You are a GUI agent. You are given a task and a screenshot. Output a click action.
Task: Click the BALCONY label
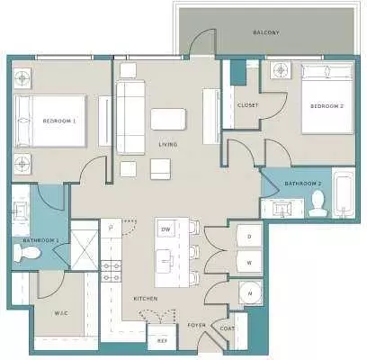(x=266, y=32)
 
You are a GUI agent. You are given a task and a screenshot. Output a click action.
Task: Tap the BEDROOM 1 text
(x=59, y=121)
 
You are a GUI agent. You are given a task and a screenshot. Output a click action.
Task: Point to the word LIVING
(x=168, y=145)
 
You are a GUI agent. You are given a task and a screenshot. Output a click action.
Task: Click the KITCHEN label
(x=146, y=299)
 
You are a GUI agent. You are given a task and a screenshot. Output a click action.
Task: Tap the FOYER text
(x=197, y=325)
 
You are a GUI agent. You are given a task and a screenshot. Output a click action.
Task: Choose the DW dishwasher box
(x=166, y=229)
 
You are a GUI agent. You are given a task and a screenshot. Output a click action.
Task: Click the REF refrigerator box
(x=162, y=337)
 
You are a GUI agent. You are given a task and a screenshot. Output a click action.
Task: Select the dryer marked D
(x=249, y=236)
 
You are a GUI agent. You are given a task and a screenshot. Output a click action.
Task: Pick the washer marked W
(x=249, y=263)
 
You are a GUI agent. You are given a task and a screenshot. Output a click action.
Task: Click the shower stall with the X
(x=85, y=246)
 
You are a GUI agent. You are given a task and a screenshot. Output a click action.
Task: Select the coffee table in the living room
(x=168, y=119)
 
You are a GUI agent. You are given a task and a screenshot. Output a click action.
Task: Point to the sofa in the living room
(x=130, y=117)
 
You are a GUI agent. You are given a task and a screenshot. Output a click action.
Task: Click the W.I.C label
(x=61, y=313)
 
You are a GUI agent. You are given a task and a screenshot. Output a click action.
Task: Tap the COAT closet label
(x=227, y=328)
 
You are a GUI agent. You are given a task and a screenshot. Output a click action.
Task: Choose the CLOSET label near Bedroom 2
(x=247, y=105)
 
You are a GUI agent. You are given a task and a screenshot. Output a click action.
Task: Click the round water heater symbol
(x=250, y=292)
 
